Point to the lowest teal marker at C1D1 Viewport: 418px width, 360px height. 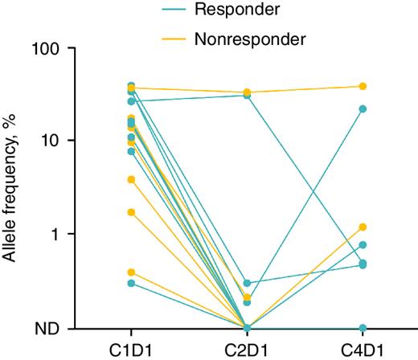tap(131, 283)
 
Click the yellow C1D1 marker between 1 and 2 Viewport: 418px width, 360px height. tap(131, 212)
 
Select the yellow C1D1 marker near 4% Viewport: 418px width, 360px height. tap(131, 179)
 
